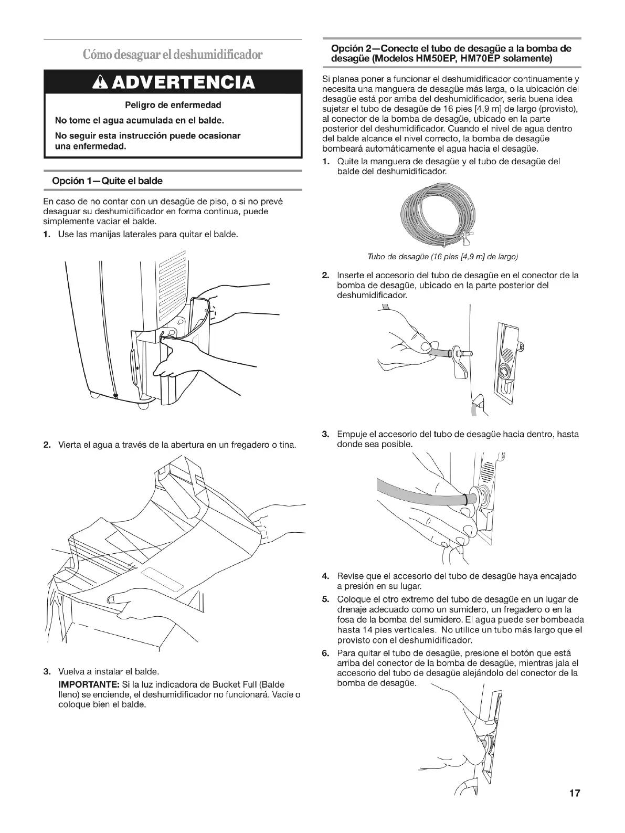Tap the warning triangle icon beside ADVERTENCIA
[x=99, y=82]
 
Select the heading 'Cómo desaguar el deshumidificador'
[x=173, y=54]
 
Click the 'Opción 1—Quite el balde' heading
[x=107, y=181]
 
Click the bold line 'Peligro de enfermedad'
[x=173, y=105]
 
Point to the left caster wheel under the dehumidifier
[x=94, y=395]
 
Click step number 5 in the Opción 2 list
[x=325, y=599]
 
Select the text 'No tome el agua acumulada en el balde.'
[x=140, y=121]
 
